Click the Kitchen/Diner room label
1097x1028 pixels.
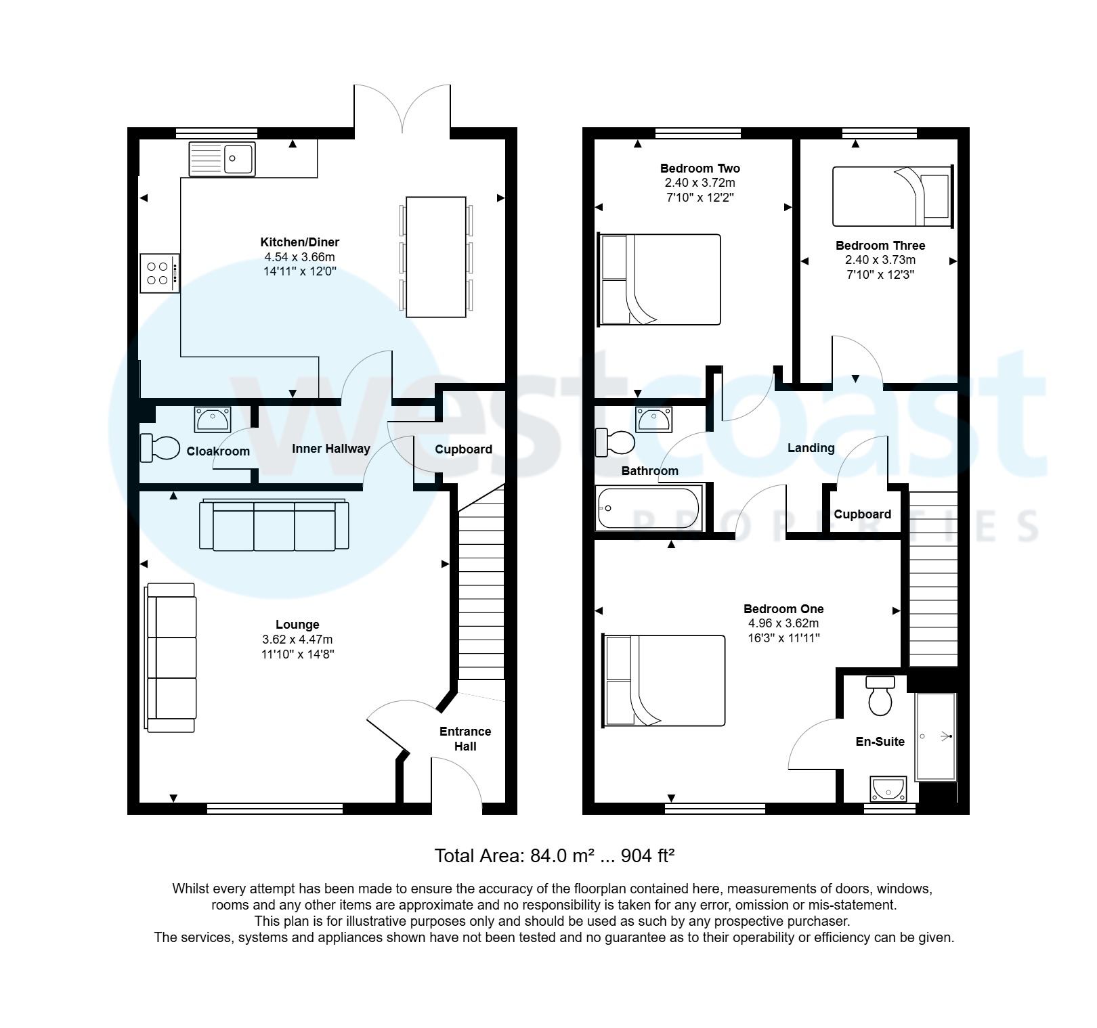point(300,242)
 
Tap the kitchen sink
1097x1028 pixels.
point(222,159)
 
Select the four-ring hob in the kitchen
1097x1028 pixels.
point(160,273)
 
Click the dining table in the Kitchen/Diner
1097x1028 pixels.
point(436,257)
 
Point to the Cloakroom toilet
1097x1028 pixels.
point(160,448)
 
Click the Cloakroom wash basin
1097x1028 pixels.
point(213,420)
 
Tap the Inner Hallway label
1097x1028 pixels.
point(331,449)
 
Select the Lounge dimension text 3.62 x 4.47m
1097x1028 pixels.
point(297,640)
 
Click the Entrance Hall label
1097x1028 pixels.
point(465,739)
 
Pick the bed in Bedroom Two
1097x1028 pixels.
point(660,280)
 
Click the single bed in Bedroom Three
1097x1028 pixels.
point(893,196)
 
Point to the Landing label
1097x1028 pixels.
point(811,448)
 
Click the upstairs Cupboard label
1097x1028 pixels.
point(863,514)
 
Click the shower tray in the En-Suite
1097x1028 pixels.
point(936,736)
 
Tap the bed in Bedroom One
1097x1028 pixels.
point(664,681)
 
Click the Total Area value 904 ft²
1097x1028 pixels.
point(648,856)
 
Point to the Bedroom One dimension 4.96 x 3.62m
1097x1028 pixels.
point(783,623)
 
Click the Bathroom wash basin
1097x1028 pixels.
point(654,420)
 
